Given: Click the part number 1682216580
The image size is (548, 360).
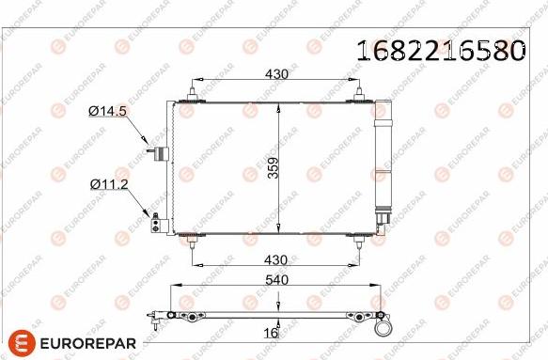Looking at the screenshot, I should coord(438,51).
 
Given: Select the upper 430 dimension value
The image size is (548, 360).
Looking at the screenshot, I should coord(276,73).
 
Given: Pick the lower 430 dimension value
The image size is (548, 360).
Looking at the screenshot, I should coord(276,258).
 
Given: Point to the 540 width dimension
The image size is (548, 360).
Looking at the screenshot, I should coord(275,278).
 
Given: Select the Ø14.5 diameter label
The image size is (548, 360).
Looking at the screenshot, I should coord(108,112).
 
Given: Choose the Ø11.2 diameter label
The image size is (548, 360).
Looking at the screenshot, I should coord(108,184).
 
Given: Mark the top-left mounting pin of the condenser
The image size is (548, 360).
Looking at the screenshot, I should coord(192,93).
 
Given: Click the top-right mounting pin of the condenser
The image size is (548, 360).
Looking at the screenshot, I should coord(358,93).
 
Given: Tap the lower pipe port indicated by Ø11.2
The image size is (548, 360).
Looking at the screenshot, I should coord(158,223).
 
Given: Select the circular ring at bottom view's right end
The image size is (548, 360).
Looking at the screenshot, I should coord(383,328).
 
